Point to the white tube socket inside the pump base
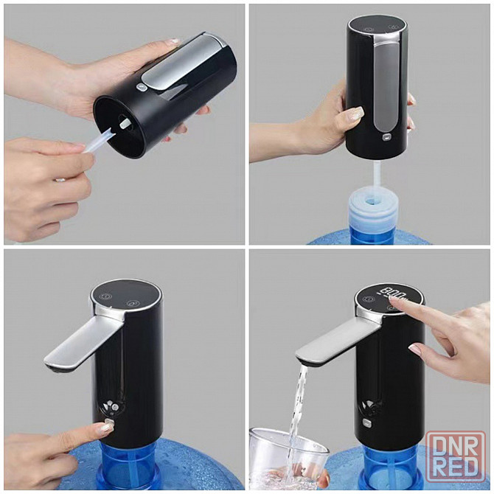(125, 122)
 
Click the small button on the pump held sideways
(141, 87)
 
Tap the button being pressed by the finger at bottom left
(109, 422)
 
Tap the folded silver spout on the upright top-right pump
(386, 85)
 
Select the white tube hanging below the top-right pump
(378, 175)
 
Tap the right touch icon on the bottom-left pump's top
(132, 303)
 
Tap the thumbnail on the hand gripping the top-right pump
(356, 113)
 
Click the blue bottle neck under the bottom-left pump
(131, 468)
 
